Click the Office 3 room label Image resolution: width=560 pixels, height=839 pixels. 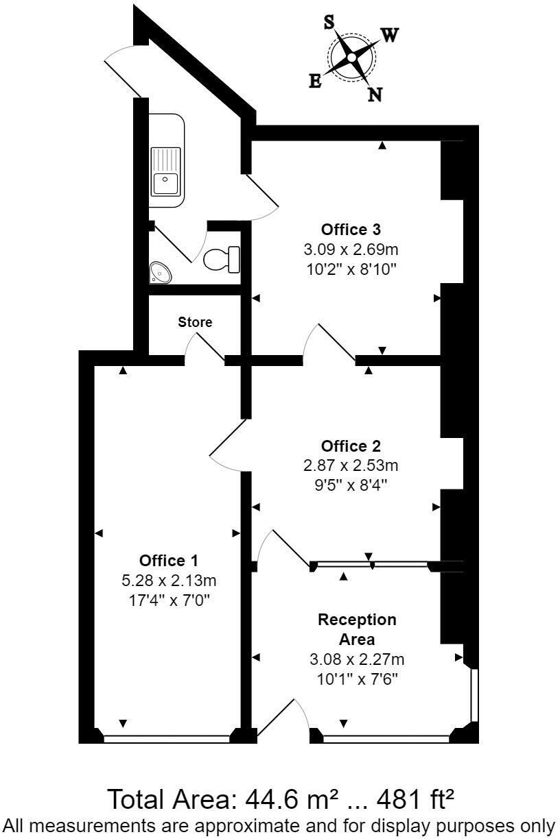coord(351,229)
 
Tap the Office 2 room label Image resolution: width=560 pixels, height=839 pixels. coord(351,447)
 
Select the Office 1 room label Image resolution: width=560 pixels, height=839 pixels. coord(169,559)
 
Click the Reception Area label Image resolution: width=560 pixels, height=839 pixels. coord(356,629)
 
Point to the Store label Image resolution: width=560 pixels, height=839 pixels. coord(195,321)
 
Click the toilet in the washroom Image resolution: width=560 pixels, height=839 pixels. coord(221,258)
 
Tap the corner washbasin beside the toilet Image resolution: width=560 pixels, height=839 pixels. coord(161,273)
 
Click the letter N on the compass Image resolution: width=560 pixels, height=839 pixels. coord(375,95)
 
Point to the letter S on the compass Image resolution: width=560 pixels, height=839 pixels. coord(329,22)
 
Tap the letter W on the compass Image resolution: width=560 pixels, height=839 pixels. coord(388,36)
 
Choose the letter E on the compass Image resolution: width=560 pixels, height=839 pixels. coord(315,82)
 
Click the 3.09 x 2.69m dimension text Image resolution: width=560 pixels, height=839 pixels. coord(351,248)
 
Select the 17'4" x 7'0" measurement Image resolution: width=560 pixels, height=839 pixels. coord(169,598)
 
